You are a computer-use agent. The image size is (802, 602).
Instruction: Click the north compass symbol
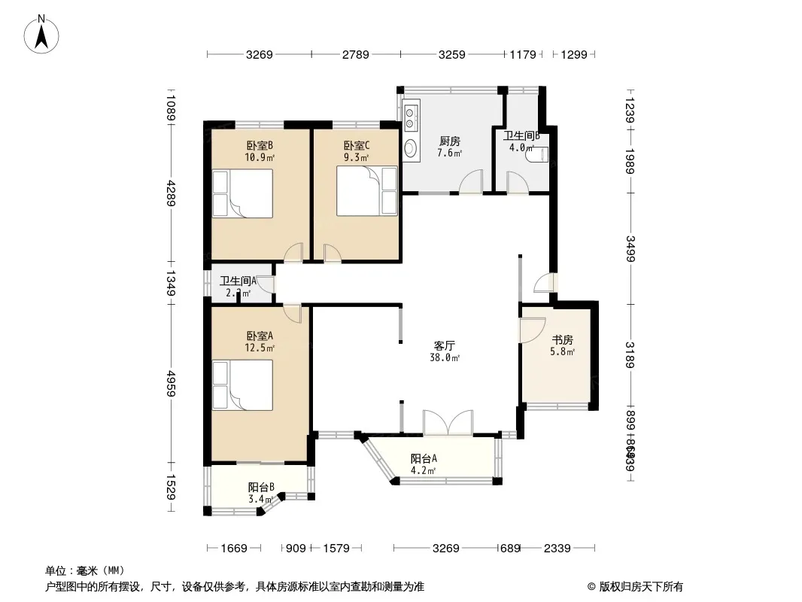[x=43, y=33]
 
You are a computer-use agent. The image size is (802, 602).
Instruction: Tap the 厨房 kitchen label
[x=450, y=141]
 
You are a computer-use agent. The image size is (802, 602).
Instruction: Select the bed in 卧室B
[x=242, y=193]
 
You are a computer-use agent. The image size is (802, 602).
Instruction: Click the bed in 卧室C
[x=366, y=191]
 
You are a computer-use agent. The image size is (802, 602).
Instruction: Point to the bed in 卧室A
[x=242, y=385]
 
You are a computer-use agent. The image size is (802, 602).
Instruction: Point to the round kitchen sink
[x=411, y=147]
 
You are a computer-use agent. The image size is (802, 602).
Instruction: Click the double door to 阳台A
[x=448, y=423]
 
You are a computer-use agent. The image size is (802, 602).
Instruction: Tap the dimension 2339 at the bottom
[x=558, y=549]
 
